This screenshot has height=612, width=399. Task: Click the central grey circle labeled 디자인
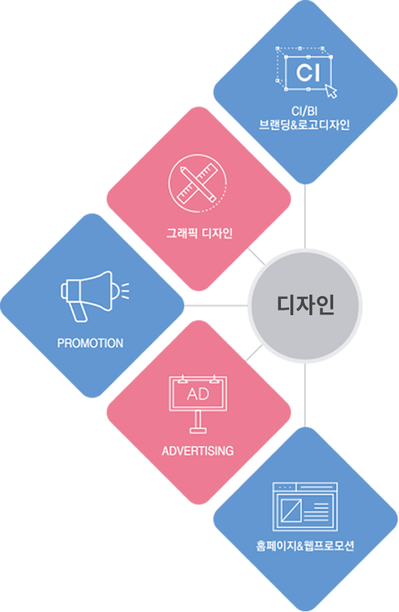[x=305, y=306]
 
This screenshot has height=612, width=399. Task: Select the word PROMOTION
[x=90, y=343]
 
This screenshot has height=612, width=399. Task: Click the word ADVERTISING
[x=197, y=451]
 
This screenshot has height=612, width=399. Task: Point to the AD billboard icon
[x=198, y=404]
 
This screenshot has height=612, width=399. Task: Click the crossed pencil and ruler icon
[x=197, y=183]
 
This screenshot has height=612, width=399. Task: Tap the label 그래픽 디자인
[x=199, y=234]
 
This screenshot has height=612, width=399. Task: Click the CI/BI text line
[x=305, y=111]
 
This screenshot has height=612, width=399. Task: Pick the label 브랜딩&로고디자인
[x=304, y=124]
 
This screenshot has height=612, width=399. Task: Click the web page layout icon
[x=305, y=507]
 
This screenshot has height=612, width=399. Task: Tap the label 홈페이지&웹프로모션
[x=305, y=545]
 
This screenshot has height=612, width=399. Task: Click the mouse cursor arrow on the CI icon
[x=331, y=91]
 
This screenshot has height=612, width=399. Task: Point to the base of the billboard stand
[x=198, y=431]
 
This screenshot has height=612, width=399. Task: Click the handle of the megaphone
[x=79, y=312]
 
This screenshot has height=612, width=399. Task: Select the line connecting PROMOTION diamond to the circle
[x=216, y=306]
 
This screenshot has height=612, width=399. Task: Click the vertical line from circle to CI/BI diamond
[x=305, y=217]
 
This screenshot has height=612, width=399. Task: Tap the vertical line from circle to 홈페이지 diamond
[x=305, y=395]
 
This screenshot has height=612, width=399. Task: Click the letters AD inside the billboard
[x=198, y=394]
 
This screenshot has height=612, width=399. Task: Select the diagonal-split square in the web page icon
[x=291, y=511]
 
